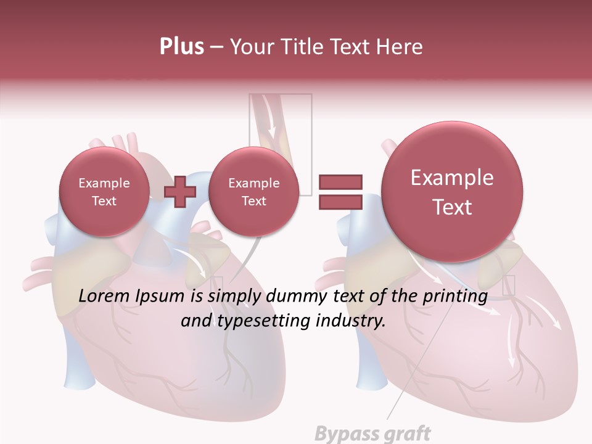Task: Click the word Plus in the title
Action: [181, 46]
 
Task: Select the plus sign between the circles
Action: [179, 191]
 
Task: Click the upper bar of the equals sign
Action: [340, 182]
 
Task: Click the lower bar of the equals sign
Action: [340, 202]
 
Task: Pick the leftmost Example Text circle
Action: [104, 191]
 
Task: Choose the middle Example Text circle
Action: [253, 191]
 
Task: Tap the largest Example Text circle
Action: [452, 191]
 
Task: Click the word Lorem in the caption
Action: [105, 296]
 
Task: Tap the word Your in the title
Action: [251, 46]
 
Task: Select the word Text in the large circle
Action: [452, 207]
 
